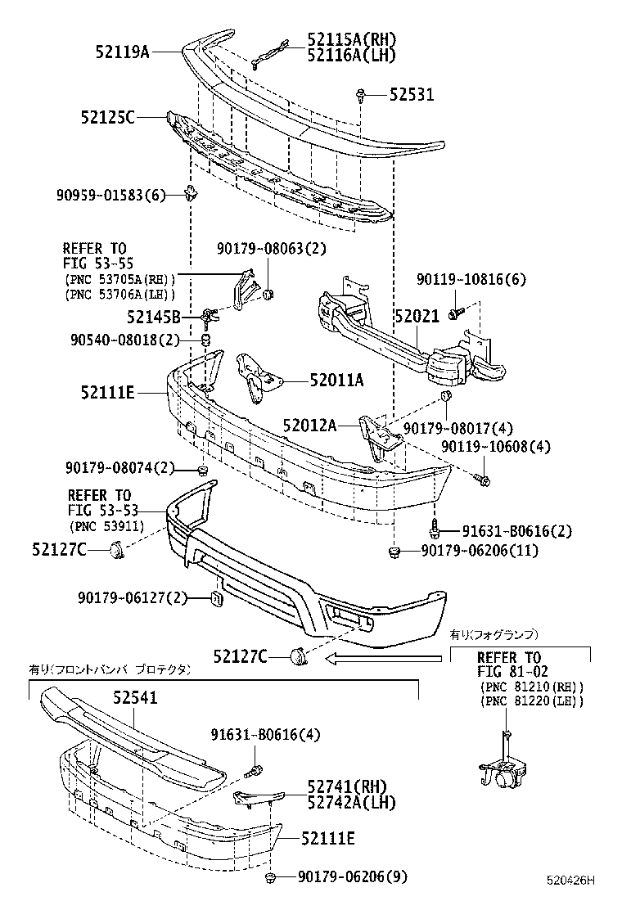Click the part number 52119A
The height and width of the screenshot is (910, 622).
click(x=122, y=52)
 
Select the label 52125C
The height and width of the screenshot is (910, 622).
click(x=107, y=118)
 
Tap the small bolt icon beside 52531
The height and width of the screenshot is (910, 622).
click(x=360, y=96)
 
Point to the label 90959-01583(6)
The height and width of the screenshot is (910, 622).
click(x=111, y=195)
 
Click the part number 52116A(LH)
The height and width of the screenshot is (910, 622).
click(x=351, y=55)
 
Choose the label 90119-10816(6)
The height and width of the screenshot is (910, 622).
click(x=471, y=280)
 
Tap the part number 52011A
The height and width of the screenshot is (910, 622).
click(x=336, y=380)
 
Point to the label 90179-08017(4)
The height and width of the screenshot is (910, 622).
click(x=457, y=427)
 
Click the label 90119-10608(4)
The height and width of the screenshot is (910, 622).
click(x=496, y=447)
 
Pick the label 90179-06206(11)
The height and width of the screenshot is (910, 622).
click(x=480, y=551)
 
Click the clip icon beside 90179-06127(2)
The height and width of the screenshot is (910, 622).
click(x=218, y=599)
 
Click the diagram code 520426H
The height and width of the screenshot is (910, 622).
click(x=570, y=881)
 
